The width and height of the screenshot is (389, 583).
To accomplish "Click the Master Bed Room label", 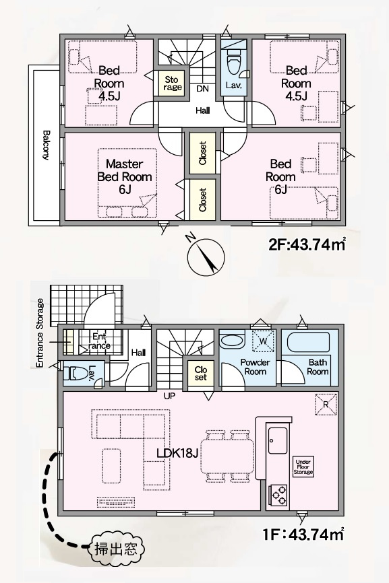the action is (125, 176).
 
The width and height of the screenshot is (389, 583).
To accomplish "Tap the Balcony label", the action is (46, 145).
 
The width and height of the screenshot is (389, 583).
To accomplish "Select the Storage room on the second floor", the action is (172, 83).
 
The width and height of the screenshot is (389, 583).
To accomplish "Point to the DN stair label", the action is (202, 89).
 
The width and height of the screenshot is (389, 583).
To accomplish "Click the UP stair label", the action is (169, 397).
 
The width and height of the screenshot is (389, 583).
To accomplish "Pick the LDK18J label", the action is (177, 452).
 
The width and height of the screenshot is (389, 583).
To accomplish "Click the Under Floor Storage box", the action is (303, 467).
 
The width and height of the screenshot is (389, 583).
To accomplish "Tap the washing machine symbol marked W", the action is (263, 341).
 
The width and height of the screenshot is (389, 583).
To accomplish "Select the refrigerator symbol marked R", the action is (326, 404).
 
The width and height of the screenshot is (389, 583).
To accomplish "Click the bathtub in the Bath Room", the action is (309, 343).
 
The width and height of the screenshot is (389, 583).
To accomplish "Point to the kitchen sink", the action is (278, 440).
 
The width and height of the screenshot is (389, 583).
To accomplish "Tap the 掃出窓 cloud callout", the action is (115, 548).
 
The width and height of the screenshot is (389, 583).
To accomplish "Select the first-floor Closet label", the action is (201, 374).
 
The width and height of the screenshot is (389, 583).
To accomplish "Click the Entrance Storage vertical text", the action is (40, 333).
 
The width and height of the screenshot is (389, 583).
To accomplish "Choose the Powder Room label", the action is (255, 367).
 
